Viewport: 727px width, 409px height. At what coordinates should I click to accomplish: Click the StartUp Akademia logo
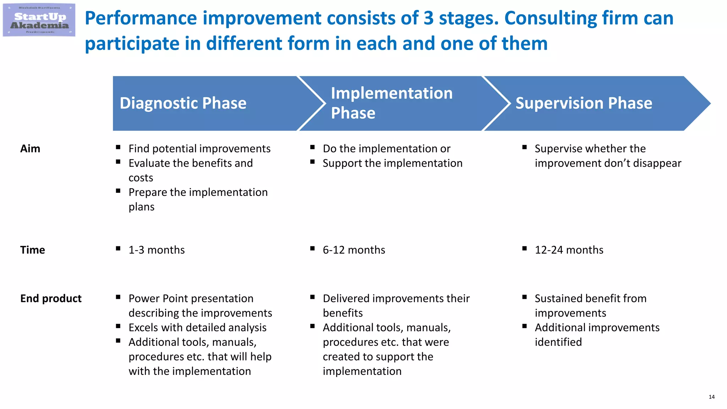click(39, 20)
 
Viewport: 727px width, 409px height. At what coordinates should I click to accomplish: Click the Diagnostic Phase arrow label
click(183, 103)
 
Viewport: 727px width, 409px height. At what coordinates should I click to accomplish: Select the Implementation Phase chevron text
click(392, 103)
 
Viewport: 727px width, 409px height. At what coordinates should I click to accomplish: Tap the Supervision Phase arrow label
click(584, 103)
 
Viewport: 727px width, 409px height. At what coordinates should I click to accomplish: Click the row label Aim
click(30, 148)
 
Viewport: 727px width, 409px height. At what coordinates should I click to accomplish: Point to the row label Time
click(32, 250)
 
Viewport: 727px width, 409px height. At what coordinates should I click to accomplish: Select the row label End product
click(51, 299)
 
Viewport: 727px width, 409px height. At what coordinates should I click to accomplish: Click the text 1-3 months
click(157, 250)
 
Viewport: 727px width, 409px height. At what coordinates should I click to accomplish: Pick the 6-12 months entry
click(354, 250)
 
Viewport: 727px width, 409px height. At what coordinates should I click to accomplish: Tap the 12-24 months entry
click(569, 250)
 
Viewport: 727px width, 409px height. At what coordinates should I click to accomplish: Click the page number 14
click(711, 397)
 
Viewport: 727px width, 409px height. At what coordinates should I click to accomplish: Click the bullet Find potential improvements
click(199, 148)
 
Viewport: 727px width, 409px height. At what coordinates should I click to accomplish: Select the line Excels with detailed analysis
click(197, 328)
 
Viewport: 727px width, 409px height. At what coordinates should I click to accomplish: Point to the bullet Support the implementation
click(392, 163)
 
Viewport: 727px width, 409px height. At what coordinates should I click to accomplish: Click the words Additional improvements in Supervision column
click(597, 328)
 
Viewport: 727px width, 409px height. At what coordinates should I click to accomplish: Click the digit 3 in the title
click(428, 18)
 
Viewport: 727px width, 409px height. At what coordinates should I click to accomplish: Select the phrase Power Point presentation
click(191, 299)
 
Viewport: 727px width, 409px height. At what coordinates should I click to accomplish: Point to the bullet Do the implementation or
click(386, 148)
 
